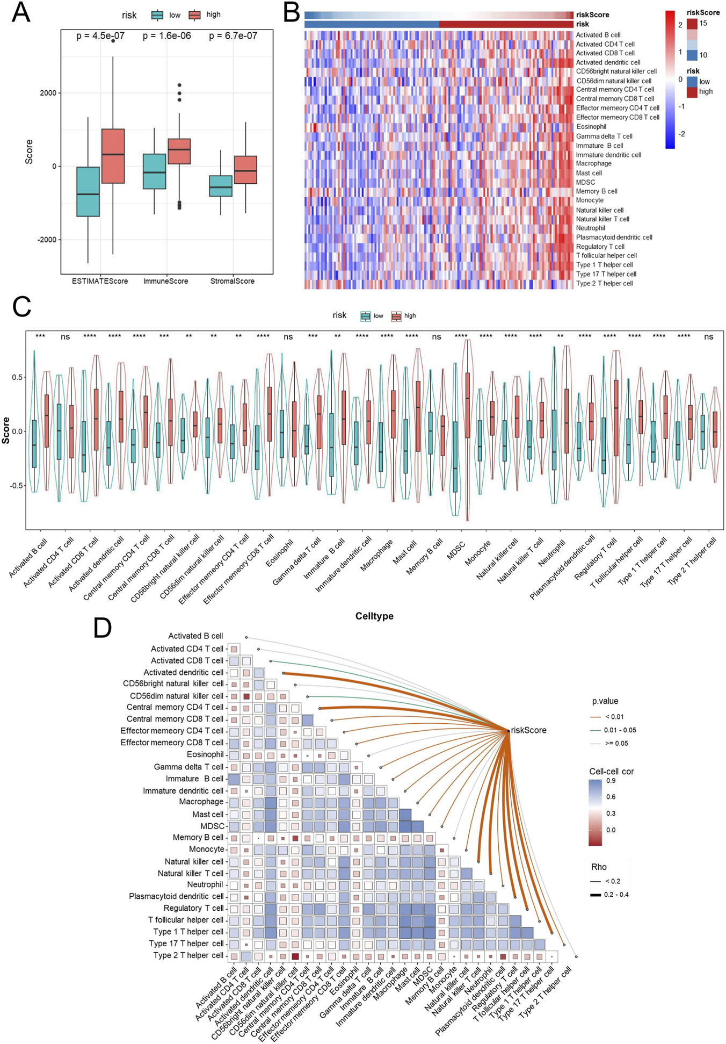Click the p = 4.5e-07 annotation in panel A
click(x=100, y=36)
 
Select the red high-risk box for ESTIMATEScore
click(x=113, y=156)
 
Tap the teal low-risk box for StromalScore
click(x=221, y=186)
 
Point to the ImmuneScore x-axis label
click(x=165, y=281)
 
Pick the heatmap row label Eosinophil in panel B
click(x=591, y=127)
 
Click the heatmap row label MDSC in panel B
click(x=585, y=182)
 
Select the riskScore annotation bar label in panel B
click(x=592, y=15)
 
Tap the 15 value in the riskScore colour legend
click(x=703, y=23)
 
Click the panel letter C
click(x=21, y=307)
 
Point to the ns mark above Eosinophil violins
click(x=288, y=337)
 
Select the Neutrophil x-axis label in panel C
click(x=553, y=553)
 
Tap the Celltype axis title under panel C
click(x=374, y=616)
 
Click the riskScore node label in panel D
click(x=528, y=730)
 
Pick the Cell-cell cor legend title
click(x=611, y=771)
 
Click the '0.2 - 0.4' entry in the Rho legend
click(x=616, y=895)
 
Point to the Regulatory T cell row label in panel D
click(x=193, y=908)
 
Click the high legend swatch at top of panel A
click(x=194, y=15)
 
